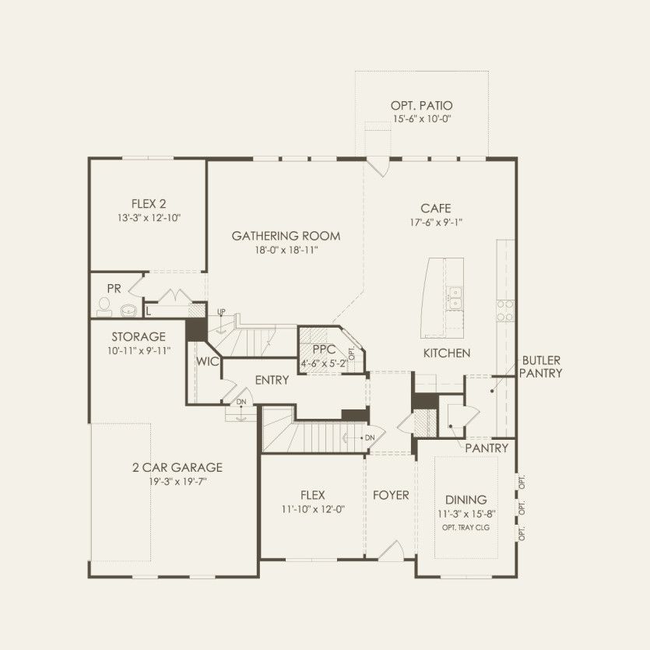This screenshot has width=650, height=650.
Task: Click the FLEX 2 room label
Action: pos(148,204)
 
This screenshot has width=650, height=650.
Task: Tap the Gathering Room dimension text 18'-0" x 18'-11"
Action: pos(286,250)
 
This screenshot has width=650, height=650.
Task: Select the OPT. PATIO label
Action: pos(422,105)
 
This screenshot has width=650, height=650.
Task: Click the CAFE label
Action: pos(435,208)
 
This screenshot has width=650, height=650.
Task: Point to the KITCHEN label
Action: pos(446,353)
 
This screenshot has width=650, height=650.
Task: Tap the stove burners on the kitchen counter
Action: pos(504,311)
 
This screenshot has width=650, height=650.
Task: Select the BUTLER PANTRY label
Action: pos(542,367)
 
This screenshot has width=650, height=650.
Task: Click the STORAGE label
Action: pos(139,337)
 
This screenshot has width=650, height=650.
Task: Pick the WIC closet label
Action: pos(206,362)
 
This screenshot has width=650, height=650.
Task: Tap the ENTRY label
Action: pos(272,380)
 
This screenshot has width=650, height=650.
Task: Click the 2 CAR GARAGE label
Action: pos(177,467)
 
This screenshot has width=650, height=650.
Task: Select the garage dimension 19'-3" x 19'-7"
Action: pos(177,482)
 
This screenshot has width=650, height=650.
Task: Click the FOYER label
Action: pos(390,495)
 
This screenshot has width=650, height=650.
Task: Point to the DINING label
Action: pos(466,499)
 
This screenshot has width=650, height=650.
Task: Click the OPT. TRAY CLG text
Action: pos(466,528)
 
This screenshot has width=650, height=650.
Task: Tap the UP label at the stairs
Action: pos(221,312)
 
